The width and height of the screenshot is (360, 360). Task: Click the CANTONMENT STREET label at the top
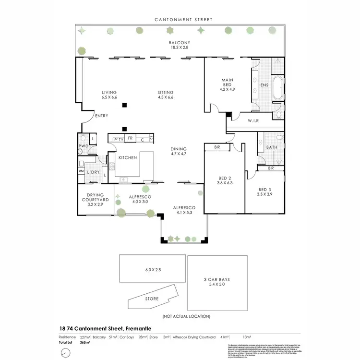183,20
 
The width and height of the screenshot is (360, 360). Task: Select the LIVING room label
109,92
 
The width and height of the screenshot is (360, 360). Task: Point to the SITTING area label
166,92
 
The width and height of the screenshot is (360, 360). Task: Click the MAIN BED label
227,80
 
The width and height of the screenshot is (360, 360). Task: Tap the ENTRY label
101,116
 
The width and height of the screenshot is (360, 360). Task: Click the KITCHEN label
128,157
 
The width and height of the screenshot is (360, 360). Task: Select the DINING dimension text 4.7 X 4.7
179,154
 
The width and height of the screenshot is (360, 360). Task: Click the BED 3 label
264,189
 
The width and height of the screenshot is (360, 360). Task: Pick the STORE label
152,299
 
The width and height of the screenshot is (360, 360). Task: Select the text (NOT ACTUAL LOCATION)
186,316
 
